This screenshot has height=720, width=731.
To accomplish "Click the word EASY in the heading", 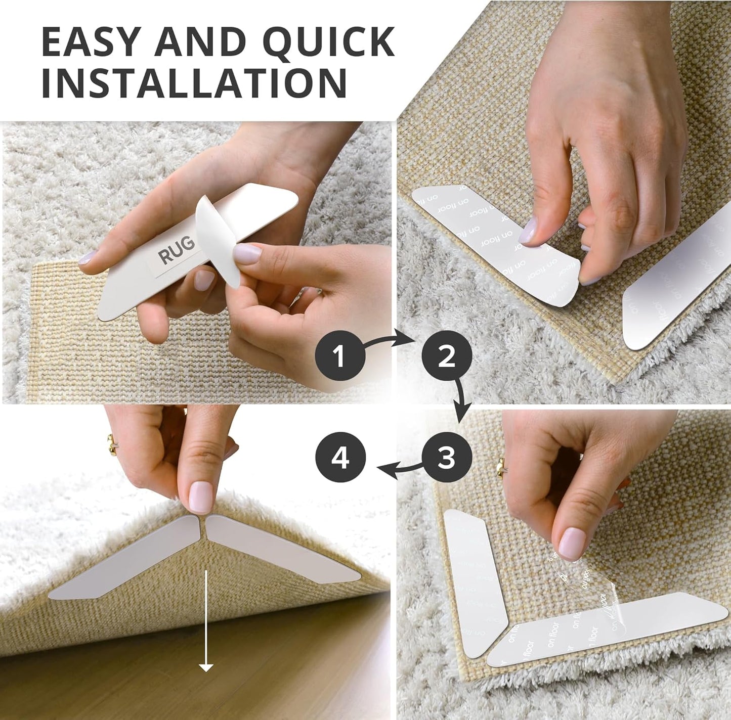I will (x=91, y=41).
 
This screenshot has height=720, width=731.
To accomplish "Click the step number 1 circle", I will (x=339, y=357).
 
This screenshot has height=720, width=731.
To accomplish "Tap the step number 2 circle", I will (x=446, y=357).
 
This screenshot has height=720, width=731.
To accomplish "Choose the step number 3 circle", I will (x=446, y=459).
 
